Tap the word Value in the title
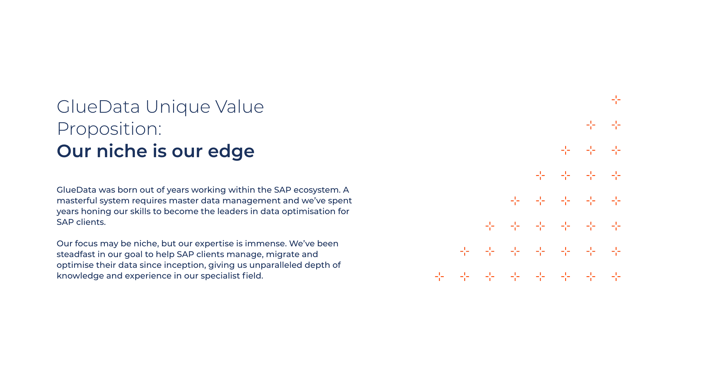(x=240, y=107)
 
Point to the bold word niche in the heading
(x=122, y=151)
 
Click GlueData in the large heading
(x=98, y=107)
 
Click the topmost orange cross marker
(x=616, y=100)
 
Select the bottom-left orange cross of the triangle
(x=439, y=277)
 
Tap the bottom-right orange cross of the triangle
(x=616, y=277)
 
